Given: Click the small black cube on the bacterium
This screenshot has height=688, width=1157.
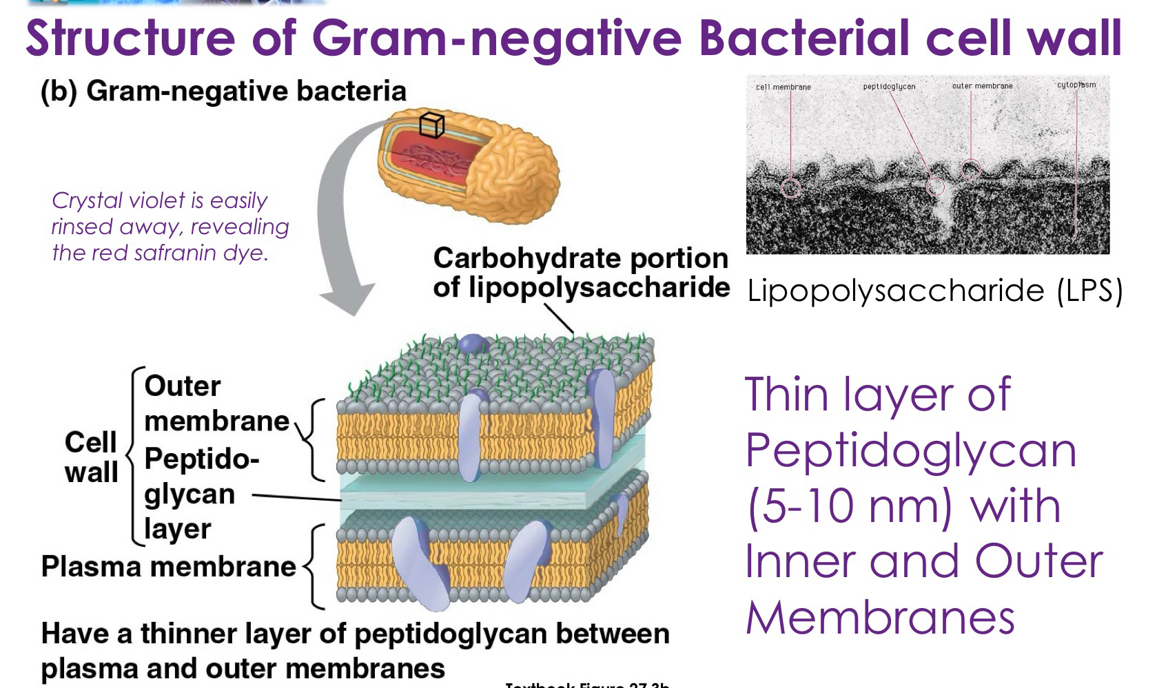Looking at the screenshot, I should click(432, 125).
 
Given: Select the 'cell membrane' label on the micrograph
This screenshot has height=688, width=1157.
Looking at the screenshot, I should click(783, 87).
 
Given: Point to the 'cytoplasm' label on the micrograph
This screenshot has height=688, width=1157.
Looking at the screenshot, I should click(1076, 85).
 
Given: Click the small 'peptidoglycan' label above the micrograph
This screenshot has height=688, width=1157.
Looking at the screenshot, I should click(889, 86).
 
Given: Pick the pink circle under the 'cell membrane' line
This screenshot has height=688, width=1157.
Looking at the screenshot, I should click(791, 187).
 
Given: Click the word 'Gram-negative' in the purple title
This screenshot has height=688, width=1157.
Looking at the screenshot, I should click(497, 37).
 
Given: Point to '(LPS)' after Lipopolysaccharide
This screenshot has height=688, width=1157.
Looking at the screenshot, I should click(1090, 291).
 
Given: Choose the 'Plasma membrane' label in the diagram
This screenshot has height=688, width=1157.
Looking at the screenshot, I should click(168, 567).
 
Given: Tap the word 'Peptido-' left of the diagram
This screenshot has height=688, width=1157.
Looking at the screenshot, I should click(201, 459).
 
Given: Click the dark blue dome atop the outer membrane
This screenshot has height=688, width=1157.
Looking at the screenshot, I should click(472, 343).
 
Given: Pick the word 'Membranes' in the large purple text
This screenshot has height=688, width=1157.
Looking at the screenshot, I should click(880, 617).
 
